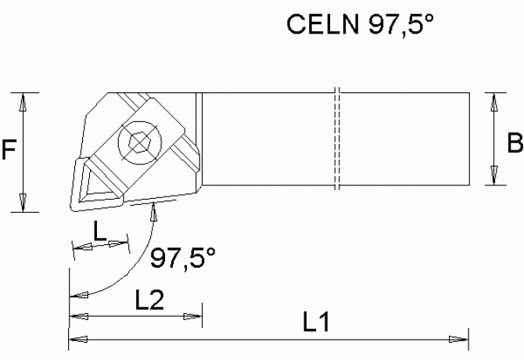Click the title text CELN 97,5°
361,26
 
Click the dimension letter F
9,149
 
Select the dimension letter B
515,143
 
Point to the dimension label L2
148,298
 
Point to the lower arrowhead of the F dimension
24,202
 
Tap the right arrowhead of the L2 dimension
192,316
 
